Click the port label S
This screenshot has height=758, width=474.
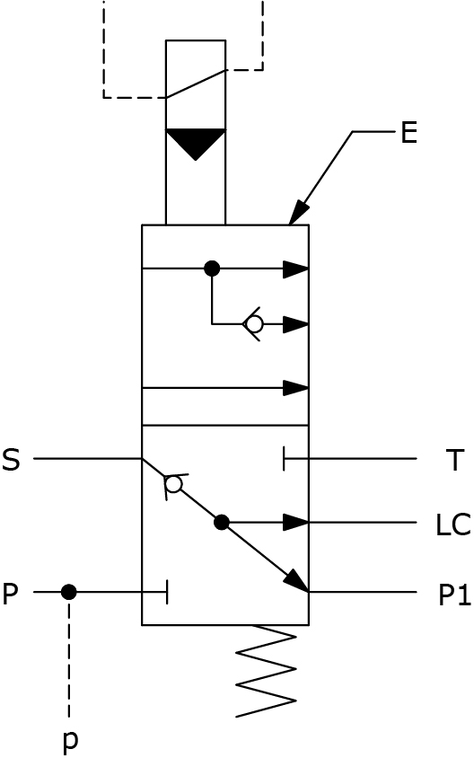coord(11,460)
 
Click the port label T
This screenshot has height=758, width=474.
coord(454,460)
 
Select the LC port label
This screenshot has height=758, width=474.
coord(452,525)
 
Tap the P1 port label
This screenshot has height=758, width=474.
coord(454,595)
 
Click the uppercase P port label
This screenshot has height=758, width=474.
coord(10,595)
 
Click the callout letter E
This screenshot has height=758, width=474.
coord(408,132)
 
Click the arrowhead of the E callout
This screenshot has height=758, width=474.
coord(299,213)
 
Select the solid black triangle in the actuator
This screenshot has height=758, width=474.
coord(195,144)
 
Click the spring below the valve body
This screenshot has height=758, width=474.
coord(266,671)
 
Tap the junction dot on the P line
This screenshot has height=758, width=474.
coord(68,592)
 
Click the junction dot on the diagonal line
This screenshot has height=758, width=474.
coord(222,523)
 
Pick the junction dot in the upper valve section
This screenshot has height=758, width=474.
coord(212,269)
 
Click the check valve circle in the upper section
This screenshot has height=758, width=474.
coord(254,324)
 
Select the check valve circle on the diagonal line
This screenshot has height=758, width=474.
coord(173,483)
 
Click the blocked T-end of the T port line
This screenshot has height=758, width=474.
coord(284,458)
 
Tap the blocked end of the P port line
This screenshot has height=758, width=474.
coord(167,592)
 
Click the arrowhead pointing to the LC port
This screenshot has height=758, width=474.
coord(295,523)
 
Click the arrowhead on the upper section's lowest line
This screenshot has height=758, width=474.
coord(295,388)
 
